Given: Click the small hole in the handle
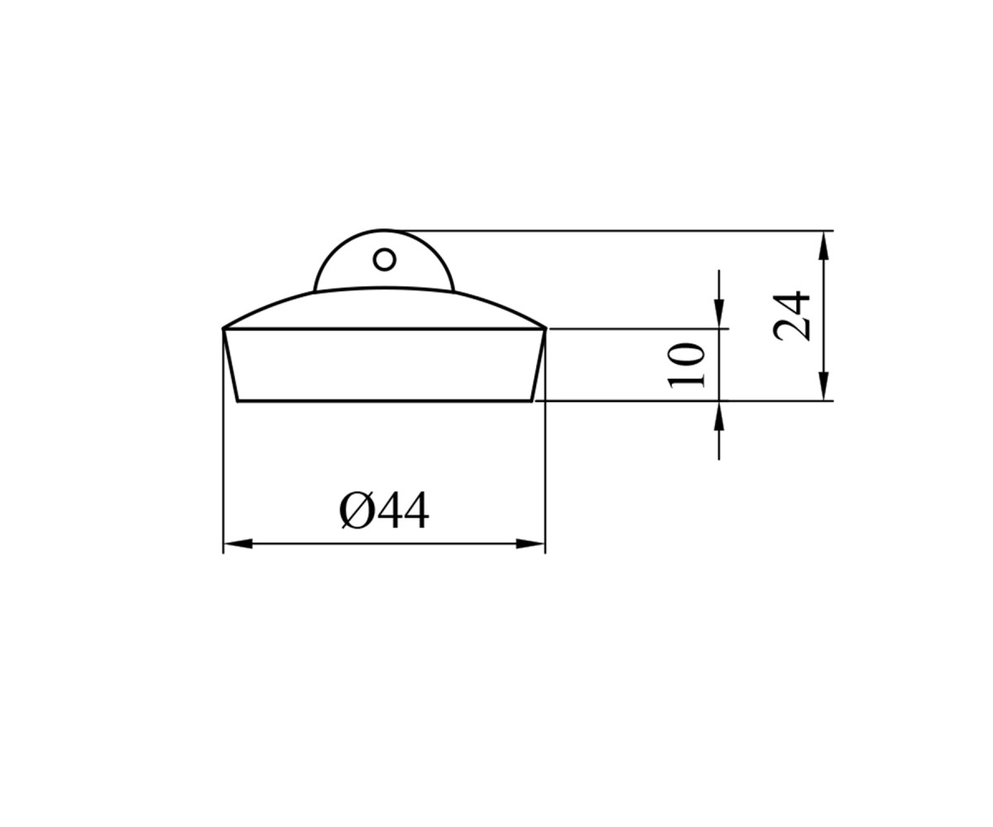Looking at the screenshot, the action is click(384, 260).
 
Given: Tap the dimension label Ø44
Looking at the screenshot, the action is click(384, 511).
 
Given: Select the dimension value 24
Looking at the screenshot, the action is click(791, 317).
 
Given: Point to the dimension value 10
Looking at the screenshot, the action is click(686, 365).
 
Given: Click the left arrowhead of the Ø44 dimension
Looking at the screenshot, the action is click(237, 543).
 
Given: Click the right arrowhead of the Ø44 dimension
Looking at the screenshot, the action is click(530, 543).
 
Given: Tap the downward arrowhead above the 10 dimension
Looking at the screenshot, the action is click(719, 313).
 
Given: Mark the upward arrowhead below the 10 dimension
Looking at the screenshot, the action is click(719, 416).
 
